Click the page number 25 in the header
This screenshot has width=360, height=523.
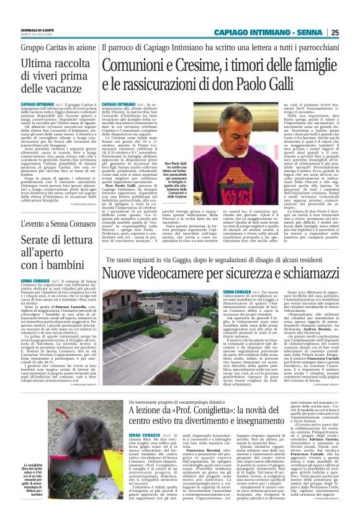(x=351, y=32)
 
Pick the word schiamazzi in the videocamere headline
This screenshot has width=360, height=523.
(x=310, y=272)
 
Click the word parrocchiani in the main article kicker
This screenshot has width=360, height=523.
(x=318, y=48)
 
